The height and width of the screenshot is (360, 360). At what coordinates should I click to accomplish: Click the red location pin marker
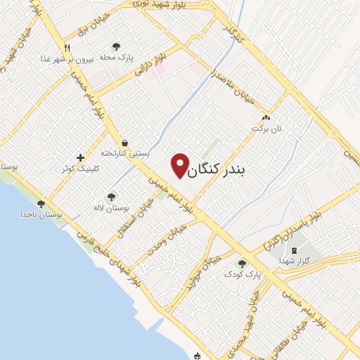click(x=181, y=165)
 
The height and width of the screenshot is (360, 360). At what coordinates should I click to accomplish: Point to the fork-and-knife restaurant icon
click(x=68, y=48)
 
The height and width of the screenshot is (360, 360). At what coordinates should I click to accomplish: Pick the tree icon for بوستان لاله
click(x=110, y=197)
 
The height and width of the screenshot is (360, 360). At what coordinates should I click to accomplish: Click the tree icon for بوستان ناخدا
click(x=41, y=203)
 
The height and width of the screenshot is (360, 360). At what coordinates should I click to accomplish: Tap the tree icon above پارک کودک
click(x=242, y=263)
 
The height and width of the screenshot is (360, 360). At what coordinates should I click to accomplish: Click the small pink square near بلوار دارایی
click(x=160, y=68)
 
